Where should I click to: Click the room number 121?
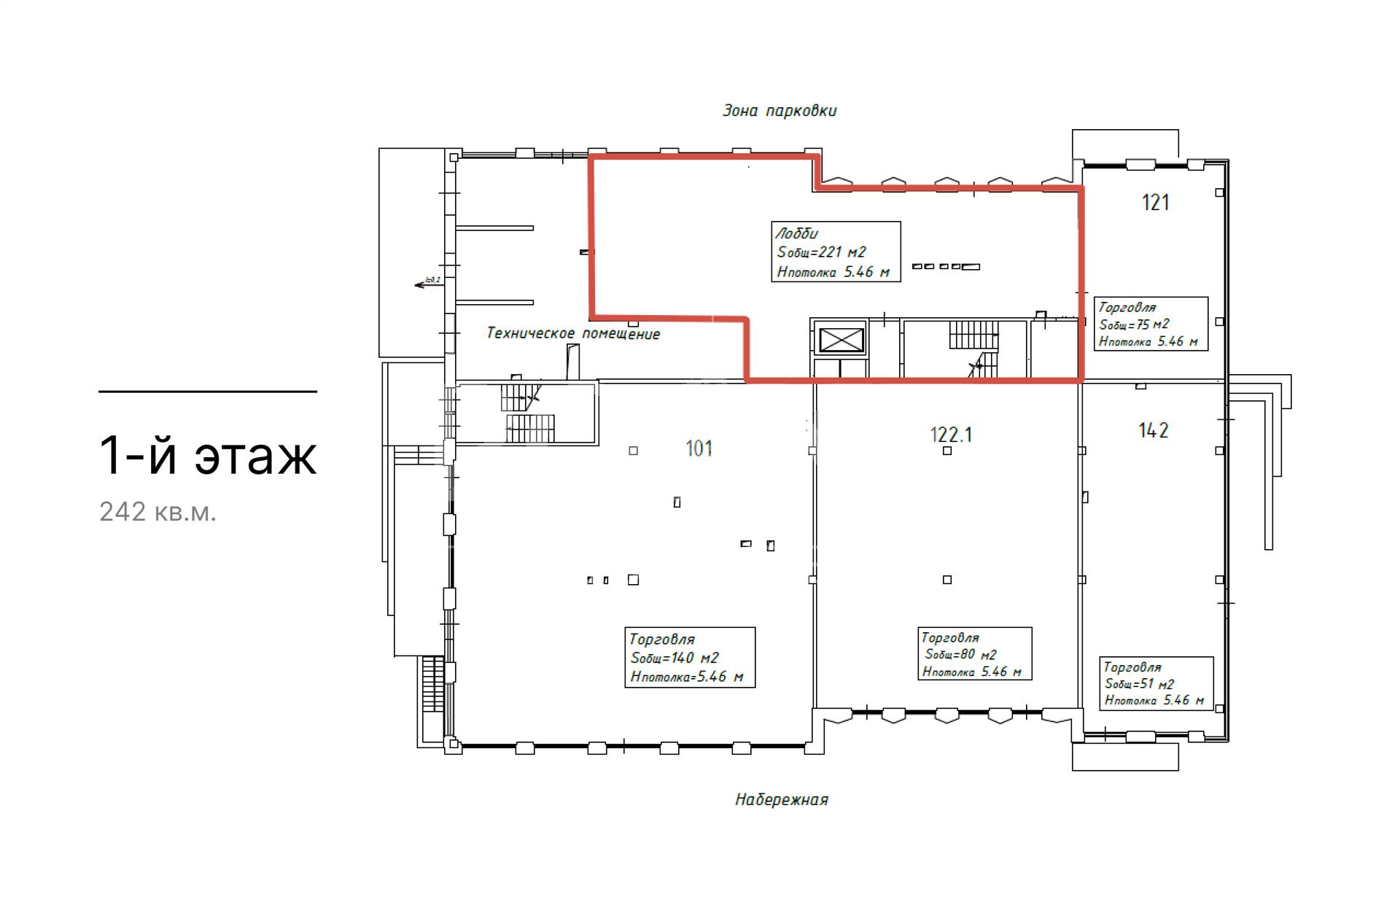1156,202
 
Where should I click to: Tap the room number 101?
699,448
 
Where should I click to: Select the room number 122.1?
951,435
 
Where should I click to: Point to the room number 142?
1154,431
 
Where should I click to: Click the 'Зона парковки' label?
779,111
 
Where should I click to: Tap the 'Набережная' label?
782,800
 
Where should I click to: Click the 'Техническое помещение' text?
573,334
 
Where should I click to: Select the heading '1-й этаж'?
209,456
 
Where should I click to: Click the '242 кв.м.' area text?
158,513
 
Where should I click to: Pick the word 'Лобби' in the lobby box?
796,234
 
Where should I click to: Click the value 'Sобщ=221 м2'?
822,253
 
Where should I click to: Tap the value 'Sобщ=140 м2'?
675,658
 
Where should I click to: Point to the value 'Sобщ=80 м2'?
960,655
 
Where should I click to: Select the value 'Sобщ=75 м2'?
1134,324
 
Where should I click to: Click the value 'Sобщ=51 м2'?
1140,684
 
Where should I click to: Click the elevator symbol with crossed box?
841,341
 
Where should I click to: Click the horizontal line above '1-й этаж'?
208,392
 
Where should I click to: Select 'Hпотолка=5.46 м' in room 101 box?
687,677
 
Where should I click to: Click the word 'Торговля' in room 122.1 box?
950,638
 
